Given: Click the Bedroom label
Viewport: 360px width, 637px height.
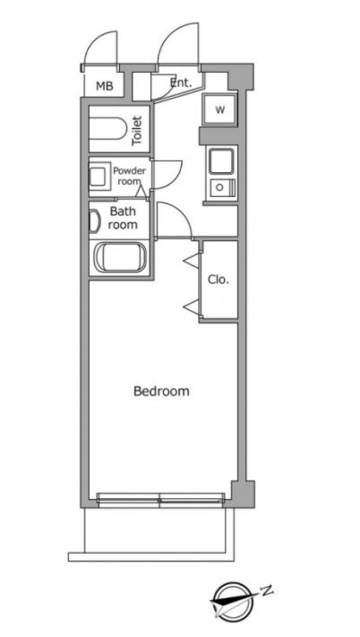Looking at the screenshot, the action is point(161,392).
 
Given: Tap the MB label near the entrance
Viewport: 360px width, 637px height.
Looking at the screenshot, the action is point(104,86).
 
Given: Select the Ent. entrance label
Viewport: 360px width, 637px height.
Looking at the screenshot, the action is point(181,83).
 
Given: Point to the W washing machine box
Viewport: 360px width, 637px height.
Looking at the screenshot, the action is point(219,110).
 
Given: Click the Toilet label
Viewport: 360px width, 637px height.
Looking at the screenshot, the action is point(137,131).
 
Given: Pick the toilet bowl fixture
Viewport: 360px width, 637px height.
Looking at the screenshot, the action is point(107,129).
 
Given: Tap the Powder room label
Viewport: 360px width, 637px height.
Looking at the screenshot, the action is point(129,176).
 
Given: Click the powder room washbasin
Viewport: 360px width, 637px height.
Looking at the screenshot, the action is point(99,177).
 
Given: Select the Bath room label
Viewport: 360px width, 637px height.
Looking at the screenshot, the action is point(123,218).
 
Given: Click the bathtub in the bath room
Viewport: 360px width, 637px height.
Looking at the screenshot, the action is point(120,258).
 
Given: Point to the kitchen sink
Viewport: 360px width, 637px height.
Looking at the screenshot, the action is point(221,161).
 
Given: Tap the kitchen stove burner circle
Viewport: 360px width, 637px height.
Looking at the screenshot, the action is point(219,187).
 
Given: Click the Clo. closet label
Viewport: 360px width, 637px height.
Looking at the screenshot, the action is point(219,280).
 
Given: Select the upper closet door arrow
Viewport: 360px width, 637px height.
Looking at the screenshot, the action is point(192,261).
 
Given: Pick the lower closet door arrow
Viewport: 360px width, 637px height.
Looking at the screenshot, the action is point(192,306).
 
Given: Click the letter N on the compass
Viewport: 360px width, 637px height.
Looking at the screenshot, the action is point(266,590).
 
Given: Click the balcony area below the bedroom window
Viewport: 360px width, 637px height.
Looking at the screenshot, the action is point(159,529).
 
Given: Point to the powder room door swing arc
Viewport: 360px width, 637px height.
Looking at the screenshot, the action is point(176,179).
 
